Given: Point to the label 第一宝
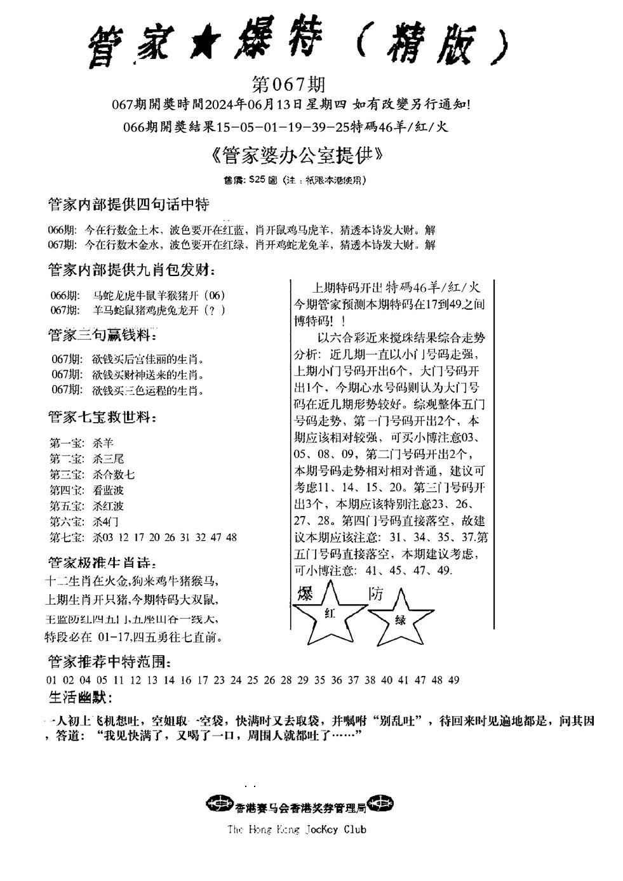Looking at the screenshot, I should (65, 443).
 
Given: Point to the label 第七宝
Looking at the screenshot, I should (65, 537).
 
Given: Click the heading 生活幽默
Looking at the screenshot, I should (80, 698).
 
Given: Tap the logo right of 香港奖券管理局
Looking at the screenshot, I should (381, 804).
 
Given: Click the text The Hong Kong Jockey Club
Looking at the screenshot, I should (297, 829).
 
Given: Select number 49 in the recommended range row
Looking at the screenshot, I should (453, 680).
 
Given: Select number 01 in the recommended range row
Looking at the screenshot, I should (52, 680).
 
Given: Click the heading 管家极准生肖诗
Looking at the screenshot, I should (102, 562).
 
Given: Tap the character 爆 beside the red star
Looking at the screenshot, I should (306, 594).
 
